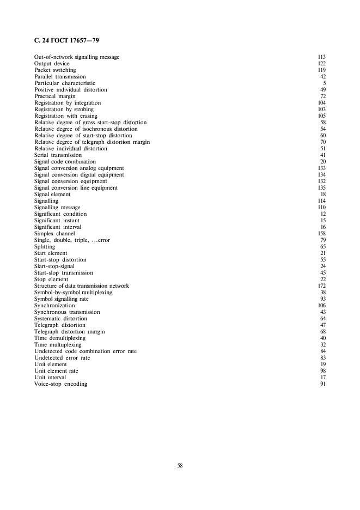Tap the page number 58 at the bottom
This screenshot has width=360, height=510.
(180, 465)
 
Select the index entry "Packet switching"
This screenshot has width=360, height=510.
(55, 70)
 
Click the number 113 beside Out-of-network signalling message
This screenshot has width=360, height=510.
(321, 57)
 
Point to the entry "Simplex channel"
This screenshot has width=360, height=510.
(54, 234)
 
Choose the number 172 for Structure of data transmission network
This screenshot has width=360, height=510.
(321, 286)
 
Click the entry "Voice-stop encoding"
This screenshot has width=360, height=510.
(60, 384)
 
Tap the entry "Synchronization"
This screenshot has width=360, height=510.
(53, 306)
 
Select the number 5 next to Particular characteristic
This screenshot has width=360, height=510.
(324, 83)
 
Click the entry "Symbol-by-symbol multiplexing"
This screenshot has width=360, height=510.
(73, 293)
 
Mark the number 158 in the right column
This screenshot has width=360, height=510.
(321, 234)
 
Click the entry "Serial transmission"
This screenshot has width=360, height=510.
(58, 155)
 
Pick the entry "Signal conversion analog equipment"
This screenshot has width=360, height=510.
(79, 168)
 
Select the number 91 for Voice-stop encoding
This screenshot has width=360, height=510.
(322, 384)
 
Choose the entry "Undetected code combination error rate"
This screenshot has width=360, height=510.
(86, 351)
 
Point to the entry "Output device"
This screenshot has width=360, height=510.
(52, 64)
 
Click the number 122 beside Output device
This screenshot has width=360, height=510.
(321, 64)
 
